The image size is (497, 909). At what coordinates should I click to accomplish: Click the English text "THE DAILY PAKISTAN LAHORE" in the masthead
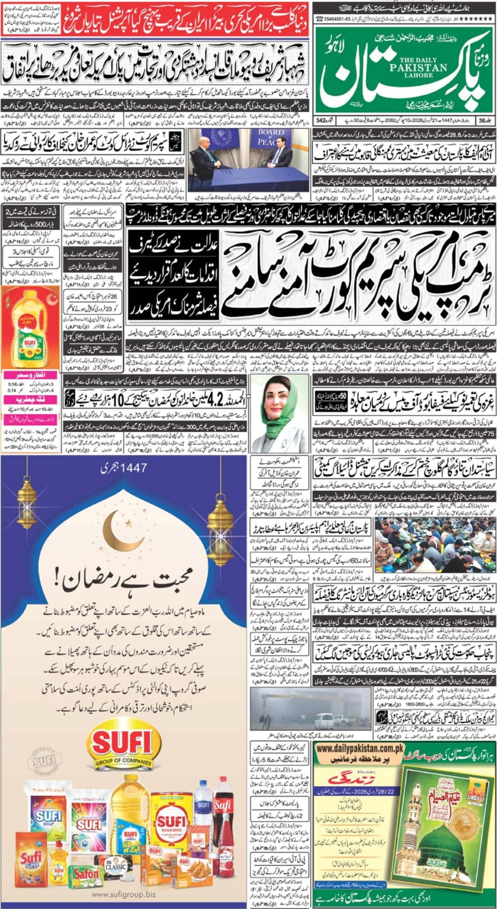(387, 67)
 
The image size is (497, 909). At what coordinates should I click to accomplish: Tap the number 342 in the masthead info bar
(327, 121)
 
